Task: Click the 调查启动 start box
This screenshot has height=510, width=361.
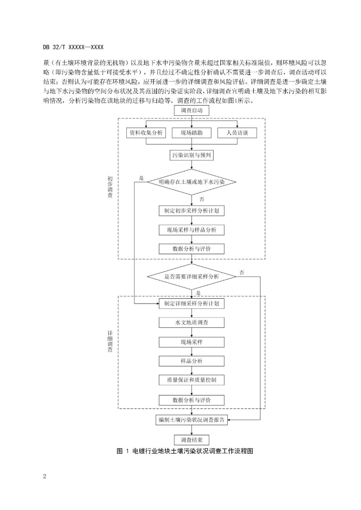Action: coord(192,111)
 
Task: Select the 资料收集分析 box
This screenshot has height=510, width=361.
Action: coord(146,133)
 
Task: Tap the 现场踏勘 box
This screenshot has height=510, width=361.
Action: coord(192,133)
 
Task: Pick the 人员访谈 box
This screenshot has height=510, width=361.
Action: coord(237,133)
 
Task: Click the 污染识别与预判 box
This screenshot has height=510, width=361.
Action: coord(192,155)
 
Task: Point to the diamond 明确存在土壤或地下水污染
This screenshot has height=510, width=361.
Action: coord(192,182)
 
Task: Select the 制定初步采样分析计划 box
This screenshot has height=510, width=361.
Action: coord(192,211)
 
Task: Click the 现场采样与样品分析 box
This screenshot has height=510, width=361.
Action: coord(192,230)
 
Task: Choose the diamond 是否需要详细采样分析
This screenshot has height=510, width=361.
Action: coord(192,277)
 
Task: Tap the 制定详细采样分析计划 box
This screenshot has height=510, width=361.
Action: coord(192,303)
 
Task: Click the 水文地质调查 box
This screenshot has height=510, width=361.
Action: coord(192,323)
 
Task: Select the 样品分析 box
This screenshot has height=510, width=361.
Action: coord(192,361)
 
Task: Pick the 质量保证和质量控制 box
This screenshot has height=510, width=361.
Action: coord(192,380)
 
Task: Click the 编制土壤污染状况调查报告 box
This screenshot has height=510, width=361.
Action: coord(192,420)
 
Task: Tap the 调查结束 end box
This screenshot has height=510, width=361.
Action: coord(192,440)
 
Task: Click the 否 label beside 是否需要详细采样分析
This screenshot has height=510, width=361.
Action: coord(242,273)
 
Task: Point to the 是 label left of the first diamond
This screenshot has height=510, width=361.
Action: coord(141,178)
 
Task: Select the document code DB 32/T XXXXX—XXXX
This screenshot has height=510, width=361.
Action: coord(73,47)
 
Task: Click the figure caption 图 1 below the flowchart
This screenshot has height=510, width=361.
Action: coord(185,451)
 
